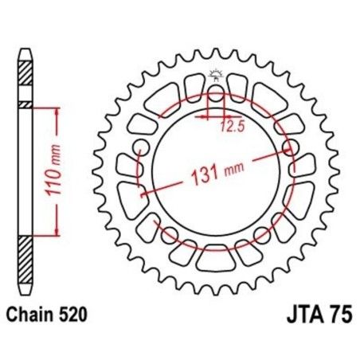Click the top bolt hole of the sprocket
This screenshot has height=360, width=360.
click(x=216, y=95)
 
